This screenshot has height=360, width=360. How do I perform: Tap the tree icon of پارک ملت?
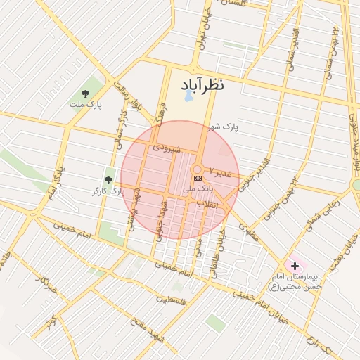coord(86,93)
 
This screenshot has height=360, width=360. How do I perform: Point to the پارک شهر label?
coord(224,127)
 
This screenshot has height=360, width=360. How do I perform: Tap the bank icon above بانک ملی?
coord(196,179)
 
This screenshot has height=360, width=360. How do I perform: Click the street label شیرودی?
coord(167,149)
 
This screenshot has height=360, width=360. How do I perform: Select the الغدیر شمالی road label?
coord(290,50)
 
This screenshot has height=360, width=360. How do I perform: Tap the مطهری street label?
coord(248,233)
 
